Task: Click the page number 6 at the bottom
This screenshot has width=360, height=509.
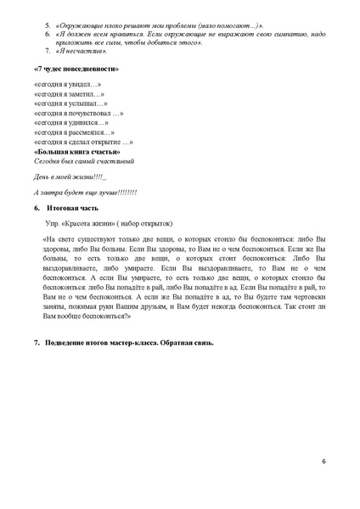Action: point(323,461)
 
